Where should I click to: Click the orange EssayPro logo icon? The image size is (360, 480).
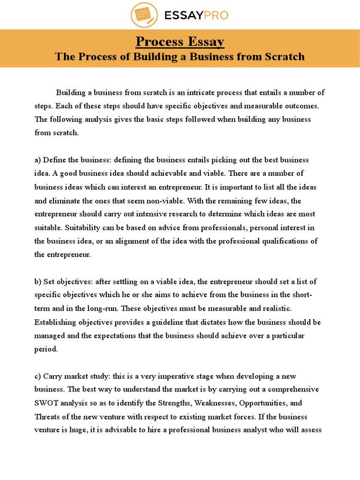coord(144,15)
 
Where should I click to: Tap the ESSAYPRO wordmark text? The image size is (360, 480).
coord(196,15)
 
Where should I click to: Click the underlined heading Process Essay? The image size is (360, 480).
coord(180,42)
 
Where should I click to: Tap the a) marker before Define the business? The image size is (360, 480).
coord(38,160)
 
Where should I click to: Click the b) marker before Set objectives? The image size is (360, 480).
coord(38,282)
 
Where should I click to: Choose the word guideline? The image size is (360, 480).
coord(152,322)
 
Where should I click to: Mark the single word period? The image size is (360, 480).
coord(46,349)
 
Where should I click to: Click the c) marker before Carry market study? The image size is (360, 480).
coord(37,376)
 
